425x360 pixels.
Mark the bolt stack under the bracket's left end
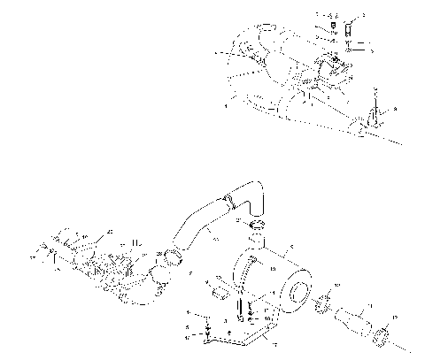tap(206, 330)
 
